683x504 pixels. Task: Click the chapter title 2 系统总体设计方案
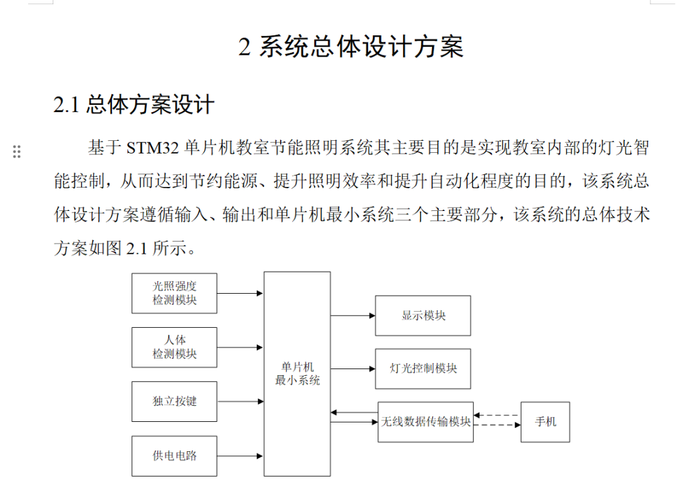(x=351, y=47)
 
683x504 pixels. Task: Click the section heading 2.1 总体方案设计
(x=133, y=105)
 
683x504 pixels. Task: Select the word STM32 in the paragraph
(x=153, y=148)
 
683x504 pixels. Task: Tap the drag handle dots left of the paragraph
(x=17, y=152)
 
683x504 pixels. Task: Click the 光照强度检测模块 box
(x=174, y=293)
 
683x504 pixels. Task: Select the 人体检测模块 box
(x=174, y=347)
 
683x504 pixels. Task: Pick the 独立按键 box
(x=174, y=401)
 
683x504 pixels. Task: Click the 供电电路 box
(x=174, y=456)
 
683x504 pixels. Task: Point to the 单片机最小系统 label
(x=297, y=374)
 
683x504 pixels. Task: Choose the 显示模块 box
(x=423, y=316)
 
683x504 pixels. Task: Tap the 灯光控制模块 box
(x=423, y=368)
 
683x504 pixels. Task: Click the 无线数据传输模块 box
(x=426, y=422)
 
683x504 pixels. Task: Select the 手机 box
(x=545, y=422)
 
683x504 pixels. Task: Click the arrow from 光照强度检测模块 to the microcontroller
(x=240, y=293)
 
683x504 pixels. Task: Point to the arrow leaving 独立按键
(x=240, y=401)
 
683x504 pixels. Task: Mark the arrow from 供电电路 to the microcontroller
(x=240, y=456)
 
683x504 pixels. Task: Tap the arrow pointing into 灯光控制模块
(x=353, y=368)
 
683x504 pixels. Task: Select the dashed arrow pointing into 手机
(x=497, y=425)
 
